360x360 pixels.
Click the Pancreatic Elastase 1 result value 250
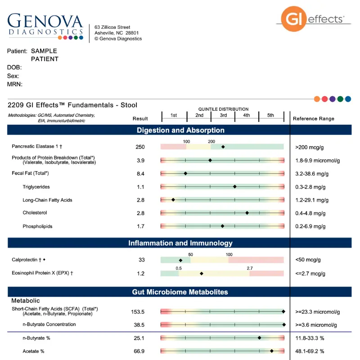[140, 147]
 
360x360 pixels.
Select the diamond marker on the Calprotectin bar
[180, 260]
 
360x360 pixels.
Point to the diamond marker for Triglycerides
[234, 186]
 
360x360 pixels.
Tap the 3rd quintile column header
[223, 116]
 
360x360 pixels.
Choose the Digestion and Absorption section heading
[180, 130]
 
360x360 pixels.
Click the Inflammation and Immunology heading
[180, 243]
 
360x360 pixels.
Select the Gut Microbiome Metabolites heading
[180, 292]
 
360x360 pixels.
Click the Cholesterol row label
[35, 213]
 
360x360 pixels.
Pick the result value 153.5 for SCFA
[140, 311]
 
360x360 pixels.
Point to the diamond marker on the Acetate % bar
[272, 351]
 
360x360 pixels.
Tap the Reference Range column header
[314, 119]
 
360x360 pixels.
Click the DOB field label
[14, 67]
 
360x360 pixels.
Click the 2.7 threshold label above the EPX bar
[250, 268]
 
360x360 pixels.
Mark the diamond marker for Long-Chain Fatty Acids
[173, 200]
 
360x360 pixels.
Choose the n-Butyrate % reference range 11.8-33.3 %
[316, 338]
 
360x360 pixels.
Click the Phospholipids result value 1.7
[140, 226]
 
